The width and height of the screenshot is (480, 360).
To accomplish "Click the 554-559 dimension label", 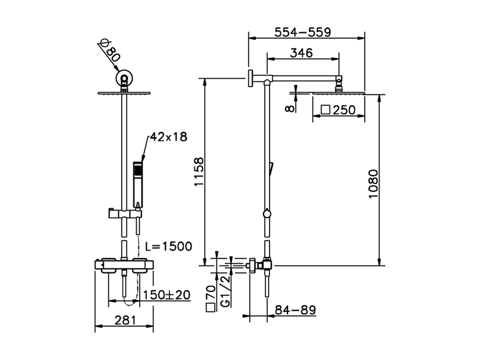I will pyautogui.click(x=303, y=32).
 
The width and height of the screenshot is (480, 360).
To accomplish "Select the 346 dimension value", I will pyautogui.click(x=301, y=53).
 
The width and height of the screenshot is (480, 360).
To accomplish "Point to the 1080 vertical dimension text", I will pyautogui.click(x=373, y=184).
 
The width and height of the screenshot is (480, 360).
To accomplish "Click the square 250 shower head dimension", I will pyautogui.click(x=338, y=110).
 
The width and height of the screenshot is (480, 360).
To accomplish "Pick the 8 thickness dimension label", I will pyautogui.click(x=289, y=108).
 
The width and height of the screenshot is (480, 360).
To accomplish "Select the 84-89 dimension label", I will pyautogui.click(x=295, y=310).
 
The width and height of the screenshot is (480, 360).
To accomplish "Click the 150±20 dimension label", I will pyautogui.click(x=166, y=294).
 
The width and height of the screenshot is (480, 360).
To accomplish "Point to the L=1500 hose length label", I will pyautogui.click(x=169, y=246).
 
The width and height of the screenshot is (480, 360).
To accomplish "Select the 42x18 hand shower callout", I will pyautogui.click(x=168, y=137).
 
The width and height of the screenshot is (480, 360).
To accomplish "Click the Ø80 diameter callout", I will pyautogui.click(x=109, y=52).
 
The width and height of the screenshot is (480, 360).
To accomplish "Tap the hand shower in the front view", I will pyautogui.click(x=138, y=184).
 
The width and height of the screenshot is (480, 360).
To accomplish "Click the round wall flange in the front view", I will pyautogui.click(x=124, y=78).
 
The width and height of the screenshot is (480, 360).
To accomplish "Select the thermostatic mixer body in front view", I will pyautogui.click(x=124, y=265).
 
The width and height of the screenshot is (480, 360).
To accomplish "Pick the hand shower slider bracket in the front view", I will pyautogui.click(x=124, y=213).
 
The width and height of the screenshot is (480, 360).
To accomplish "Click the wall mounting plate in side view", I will pyautogui.click(x=250, y=78).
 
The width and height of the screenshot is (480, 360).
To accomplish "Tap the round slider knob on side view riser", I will pyautogui.click(x=267, y=214).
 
